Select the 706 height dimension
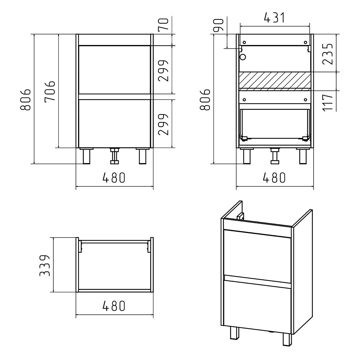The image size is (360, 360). pos(50,91)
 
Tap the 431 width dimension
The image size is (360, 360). pos(275,18)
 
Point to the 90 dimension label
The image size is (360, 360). pos(219,25)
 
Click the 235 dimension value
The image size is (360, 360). pos(328,54)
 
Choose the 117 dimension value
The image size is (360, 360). pos(328,103)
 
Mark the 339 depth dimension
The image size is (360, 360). pos(45,265)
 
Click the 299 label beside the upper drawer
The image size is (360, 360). pos(163,71)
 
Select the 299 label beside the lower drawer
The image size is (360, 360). pos(163,125)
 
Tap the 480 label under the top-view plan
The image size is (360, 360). pos(114,306)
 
